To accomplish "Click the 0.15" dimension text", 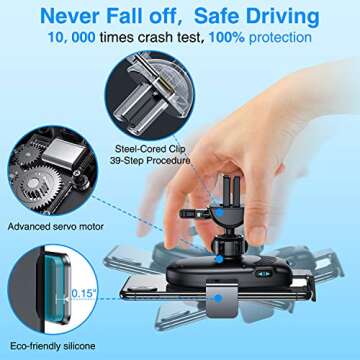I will [x=84, y=295].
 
